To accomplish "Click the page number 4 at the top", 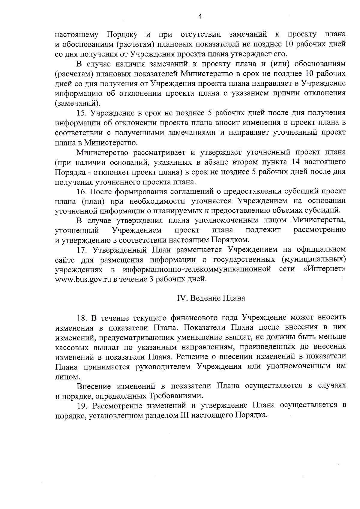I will (x=200, y=16).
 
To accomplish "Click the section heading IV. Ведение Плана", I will (x=211, y=298).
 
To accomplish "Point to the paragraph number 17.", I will (x=82, y=250).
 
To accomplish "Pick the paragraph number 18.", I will (x=82, y=318).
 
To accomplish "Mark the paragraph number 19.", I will (x=82, y=406).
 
